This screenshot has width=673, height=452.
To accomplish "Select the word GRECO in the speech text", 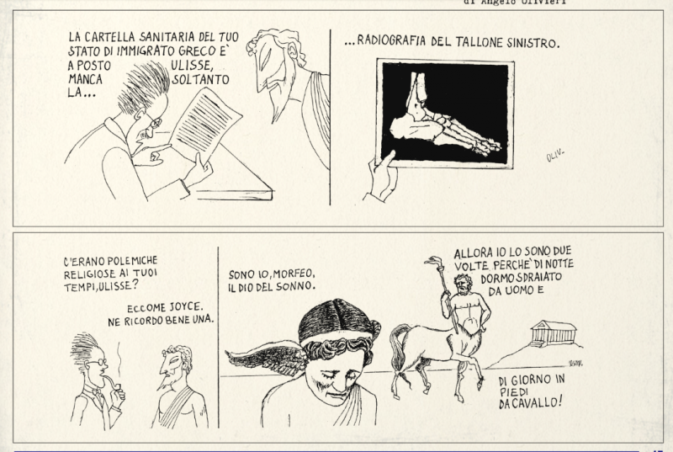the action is tap(196, 51).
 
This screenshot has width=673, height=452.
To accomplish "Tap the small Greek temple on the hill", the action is tap(554, 332).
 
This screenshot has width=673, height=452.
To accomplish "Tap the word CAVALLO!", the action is tap(541, 402).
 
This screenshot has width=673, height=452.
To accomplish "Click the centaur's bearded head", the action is tap(464, 284).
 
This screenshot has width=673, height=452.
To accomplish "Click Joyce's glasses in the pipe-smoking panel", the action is tap(98, 363).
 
